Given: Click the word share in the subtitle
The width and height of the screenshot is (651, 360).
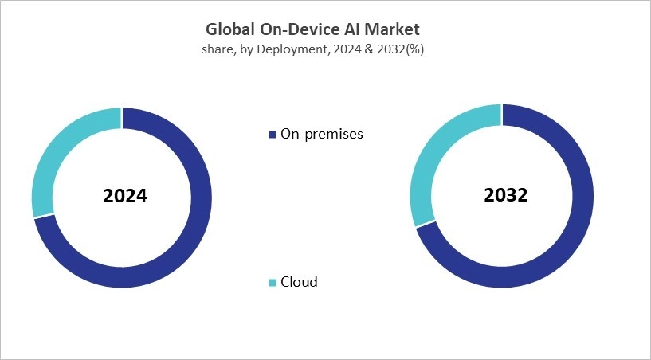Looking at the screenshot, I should pos(219,50).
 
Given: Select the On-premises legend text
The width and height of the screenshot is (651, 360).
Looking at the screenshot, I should pos(321,134).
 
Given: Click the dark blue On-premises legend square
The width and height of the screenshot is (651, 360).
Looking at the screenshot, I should pos(273,134).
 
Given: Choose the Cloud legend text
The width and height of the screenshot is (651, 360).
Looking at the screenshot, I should pos(299,282).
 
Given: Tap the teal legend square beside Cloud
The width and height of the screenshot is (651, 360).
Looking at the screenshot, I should pos(273,282).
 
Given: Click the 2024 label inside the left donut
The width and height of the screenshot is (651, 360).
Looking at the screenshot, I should pos(124,196).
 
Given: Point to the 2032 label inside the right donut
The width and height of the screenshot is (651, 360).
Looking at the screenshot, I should pos(504,194).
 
